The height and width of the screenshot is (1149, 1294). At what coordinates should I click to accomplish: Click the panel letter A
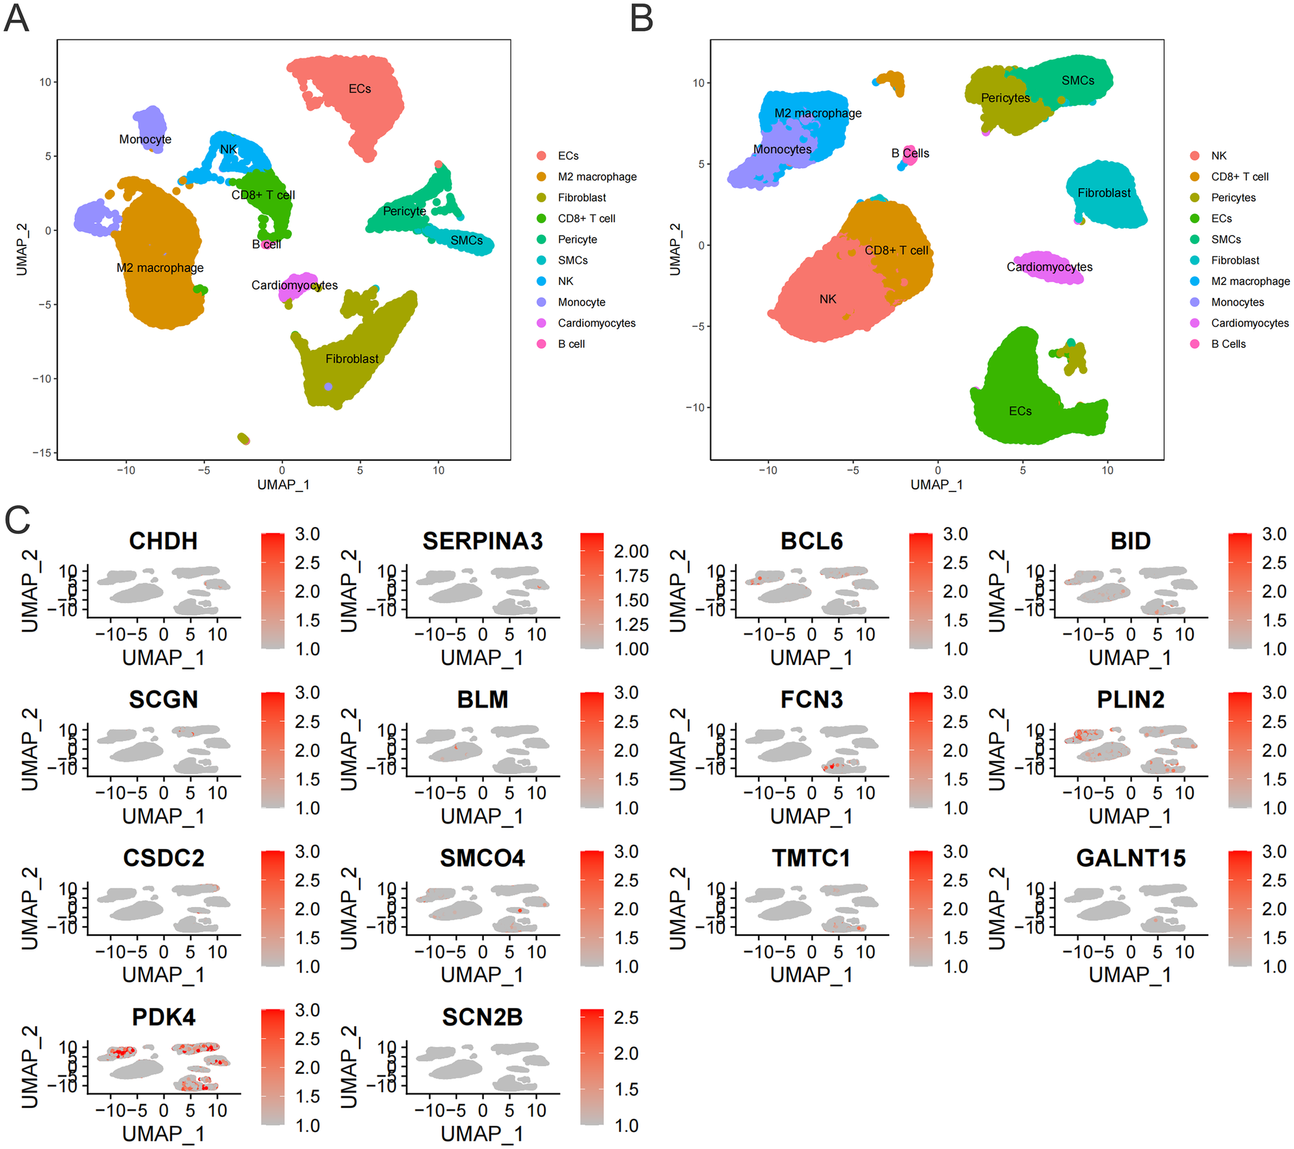coord(16,18)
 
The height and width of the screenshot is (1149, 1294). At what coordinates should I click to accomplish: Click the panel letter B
coord(641,18)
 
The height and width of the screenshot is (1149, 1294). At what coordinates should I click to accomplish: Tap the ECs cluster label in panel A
coord(360,89)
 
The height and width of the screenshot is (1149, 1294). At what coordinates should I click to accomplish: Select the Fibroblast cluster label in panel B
coord(1104,193)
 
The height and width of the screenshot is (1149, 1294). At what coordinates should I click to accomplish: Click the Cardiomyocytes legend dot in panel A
coord(541,323)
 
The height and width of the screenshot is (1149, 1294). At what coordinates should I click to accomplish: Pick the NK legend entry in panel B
coord(1218,156)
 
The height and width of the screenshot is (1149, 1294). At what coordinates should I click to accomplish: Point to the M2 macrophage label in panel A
coord(160,268)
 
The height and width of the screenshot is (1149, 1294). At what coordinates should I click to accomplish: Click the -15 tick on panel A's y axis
coord(44,452)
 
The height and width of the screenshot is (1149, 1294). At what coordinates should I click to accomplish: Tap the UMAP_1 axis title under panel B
coord(936,485)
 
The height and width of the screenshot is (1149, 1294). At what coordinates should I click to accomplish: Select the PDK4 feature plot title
coord(163,1017)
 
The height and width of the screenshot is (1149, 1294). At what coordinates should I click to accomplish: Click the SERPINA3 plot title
coord(483,541)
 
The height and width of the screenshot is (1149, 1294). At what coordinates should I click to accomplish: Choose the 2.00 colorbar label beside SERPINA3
coord(631,552)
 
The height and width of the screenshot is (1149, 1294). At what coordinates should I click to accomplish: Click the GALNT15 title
coord(1131,859)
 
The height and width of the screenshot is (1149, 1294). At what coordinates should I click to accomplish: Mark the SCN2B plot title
coord(483,1017)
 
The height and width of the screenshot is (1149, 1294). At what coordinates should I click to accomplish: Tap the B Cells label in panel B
coord(910,153)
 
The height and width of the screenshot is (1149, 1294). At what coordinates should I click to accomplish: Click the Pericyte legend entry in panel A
coord(577,239)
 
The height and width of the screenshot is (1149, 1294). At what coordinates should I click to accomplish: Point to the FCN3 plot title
coord(811,700)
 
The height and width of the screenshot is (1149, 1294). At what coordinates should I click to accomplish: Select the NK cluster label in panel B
coord(827,299)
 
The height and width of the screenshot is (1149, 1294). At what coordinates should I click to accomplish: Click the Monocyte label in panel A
coord(145,139)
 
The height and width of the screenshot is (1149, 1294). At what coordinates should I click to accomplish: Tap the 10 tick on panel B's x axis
coord(1107,470)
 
